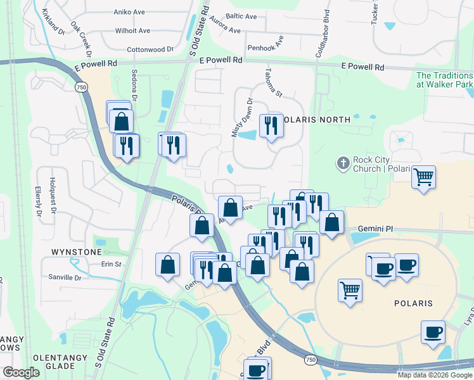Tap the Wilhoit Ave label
click(132, 30)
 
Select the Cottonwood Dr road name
click(150, 49)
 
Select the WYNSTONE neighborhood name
click(75, 252)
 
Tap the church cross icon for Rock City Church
click(343, 163)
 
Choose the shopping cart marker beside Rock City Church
click(423, 177)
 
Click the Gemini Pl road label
click(376, 228)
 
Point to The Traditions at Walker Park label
click(444, 80)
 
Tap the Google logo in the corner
click(21, 372)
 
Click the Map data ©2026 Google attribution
click(435, 375)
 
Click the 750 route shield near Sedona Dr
click(80, 87)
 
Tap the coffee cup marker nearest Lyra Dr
click(433, 332)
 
